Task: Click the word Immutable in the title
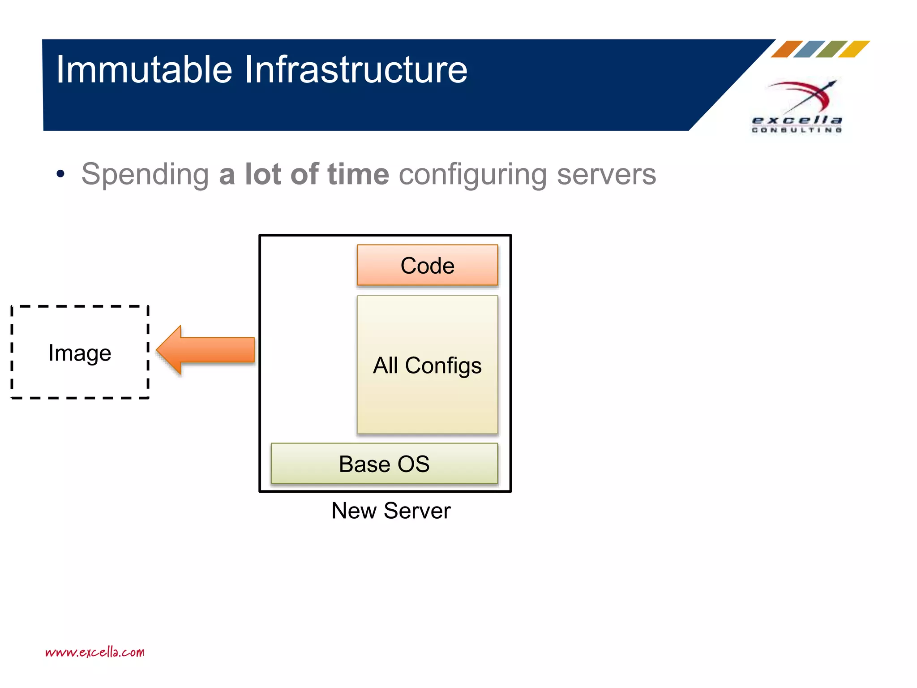click(x=144, y=69)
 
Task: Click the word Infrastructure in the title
click(x=356, y=69)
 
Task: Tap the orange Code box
click(x=427, y=265)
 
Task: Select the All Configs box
click(x=427, y=365)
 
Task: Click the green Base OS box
click(x=384, y=464)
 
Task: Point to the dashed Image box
click(x=80, y=353)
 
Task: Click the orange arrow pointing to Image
click(x=206, y=350)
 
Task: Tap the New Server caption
click(x=391, y=511)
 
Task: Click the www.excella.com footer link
click(x=95, y=652)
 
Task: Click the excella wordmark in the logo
click(x=797, y=120)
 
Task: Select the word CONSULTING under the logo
click(x=797, y=130)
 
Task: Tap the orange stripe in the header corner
click(x=787, y=49)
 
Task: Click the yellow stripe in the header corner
click(x=854, y=49)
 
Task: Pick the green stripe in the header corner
click(x=831, y=49)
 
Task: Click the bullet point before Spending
click(x=60, y=174)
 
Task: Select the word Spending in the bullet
click(x=145, y=175)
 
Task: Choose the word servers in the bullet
click(x=606, y=175)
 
